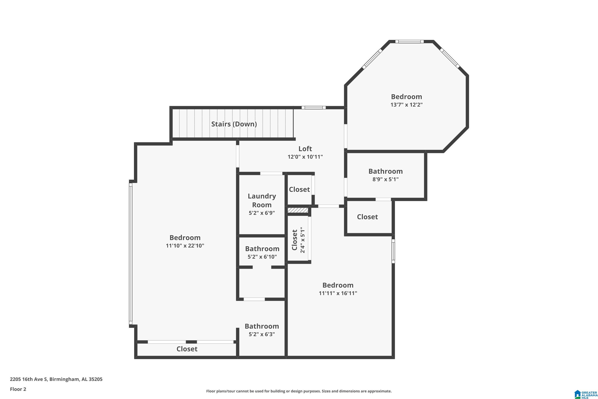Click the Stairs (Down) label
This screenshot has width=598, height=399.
click(x=234, y=124)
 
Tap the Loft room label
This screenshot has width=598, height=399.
click(x=305, y=149)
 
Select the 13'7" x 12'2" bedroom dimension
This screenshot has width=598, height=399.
click(x=406, y=105)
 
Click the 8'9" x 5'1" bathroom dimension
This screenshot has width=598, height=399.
click(x=386, y=179)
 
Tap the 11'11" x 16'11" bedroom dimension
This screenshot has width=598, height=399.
click(x=338, y=293)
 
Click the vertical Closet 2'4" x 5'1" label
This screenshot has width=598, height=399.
click(x=298, y=240)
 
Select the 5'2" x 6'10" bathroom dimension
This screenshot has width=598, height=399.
click(x=262, y=257)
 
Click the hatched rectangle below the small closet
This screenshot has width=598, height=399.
click(x=298, y=210)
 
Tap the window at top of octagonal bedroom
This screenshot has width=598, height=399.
click(x=409, y=41)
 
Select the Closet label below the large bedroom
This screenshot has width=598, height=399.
click(x=187, y=349)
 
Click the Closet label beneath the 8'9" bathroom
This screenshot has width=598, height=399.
click(x=367, y=217)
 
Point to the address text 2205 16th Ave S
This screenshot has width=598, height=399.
click(x=29, y=379)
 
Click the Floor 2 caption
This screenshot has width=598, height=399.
click(x=18, y=389)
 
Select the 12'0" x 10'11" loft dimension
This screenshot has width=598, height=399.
click(x=305, y=157)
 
